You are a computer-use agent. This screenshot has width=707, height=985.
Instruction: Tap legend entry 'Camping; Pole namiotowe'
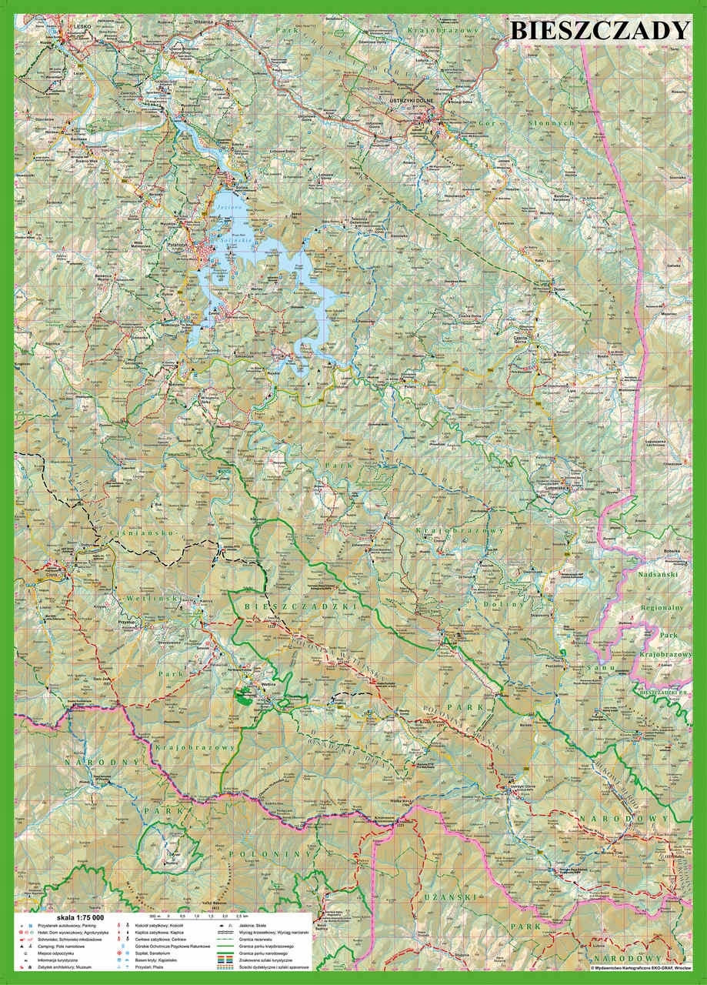(x=53, y=946)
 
